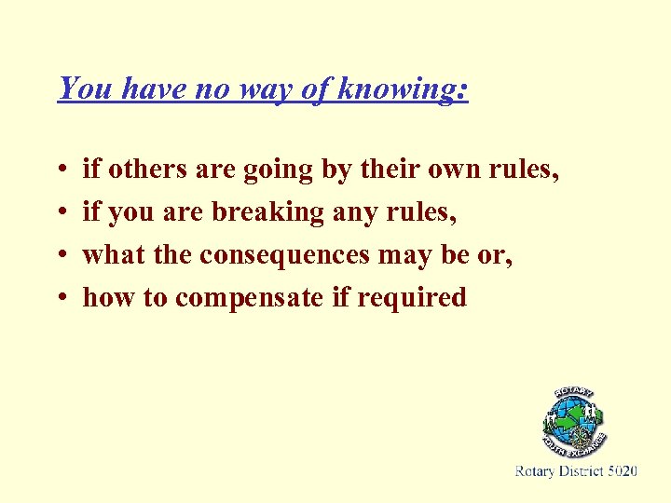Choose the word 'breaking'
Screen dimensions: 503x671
point(267,213)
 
